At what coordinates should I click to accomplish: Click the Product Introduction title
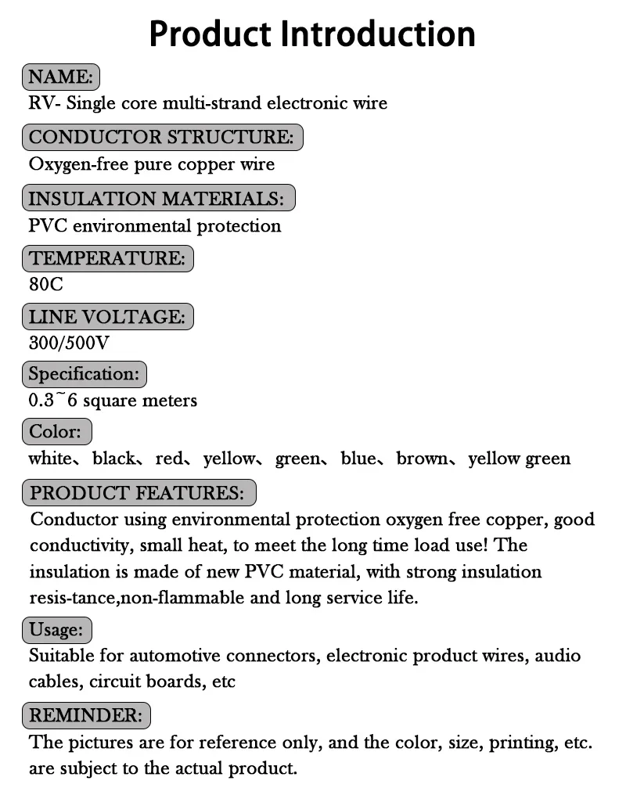[312, 34]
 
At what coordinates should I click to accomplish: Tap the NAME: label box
[61, 77]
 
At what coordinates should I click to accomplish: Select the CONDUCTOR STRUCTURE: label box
[162, 137]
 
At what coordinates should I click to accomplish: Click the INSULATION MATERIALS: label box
[158, 198]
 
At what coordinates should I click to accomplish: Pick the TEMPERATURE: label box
[108, 257]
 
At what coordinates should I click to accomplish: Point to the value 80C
[46, 284]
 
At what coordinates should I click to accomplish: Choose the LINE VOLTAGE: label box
[108, 317]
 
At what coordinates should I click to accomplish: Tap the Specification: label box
[85, 373]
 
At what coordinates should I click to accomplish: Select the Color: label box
[57, 431]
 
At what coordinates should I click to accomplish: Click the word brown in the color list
[423, 459]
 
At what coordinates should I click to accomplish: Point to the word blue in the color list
[358, 459]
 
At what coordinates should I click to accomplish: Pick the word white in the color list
[49, 459]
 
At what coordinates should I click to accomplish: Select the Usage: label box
[57, 629]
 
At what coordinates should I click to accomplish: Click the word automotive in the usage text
[172, 655]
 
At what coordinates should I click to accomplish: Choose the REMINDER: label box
[86, 715]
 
